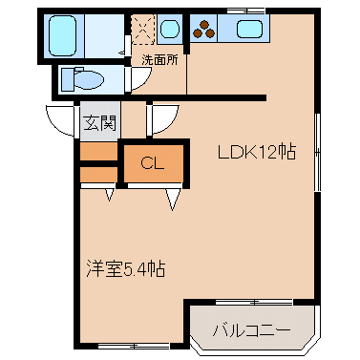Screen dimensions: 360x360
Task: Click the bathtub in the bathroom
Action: [63, 36]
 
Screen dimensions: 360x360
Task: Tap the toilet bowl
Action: [84, 79]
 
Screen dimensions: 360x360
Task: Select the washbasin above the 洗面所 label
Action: [170, 29]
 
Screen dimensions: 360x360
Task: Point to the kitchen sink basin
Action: [249, 28]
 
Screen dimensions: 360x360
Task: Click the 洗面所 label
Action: [160, 59]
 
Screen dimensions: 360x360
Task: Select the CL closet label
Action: [153, 163]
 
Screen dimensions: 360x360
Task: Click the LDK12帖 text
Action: [257, 152]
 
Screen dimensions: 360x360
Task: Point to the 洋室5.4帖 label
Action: [126, 269]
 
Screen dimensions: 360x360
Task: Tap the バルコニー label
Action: [252, 331]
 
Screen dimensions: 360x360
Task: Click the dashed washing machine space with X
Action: [143, 29]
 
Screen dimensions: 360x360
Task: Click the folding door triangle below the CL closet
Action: [172, 199]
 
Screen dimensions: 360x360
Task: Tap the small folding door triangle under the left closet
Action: [110, 194]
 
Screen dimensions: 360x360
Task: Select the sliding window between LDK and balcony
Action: [254, 301]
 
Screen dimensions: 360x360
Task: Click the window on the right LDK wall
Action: [317, 152]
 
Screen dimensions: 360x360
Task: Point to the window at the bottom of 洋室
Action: [134, 346]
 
